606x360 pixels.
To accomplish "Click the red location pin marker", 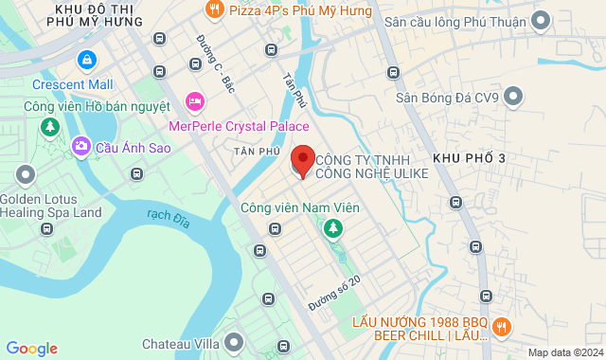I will [302, 160].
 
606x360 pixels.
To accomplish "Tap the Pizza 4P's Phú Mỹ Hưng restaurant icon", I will [214, 10].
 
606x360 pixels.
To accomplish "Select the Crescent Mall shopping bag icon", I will [87, 60].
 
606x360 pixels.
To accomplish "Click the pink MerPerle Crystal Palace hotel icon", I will [195, 101].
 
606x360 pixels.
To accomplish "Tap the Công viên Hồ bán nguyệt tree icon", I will [45, 126].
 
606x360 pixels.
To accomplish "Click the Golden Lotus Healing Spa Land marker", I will [25, 174].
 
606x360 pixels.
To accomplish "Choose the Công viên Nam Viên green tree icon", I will [332, 228].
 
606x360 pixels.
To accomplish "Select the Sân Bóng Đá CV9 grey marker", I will [514, 96].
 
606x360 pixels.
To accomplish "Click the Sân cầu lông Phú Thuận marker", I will [541, 19].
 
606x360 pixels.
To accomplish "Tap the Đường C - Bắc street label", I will [215, 63].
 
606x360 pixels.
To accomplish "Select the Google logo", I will [31, 348].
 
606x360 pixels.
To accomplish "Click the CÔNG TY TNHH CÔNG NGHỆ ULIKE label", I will [371, 167].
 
